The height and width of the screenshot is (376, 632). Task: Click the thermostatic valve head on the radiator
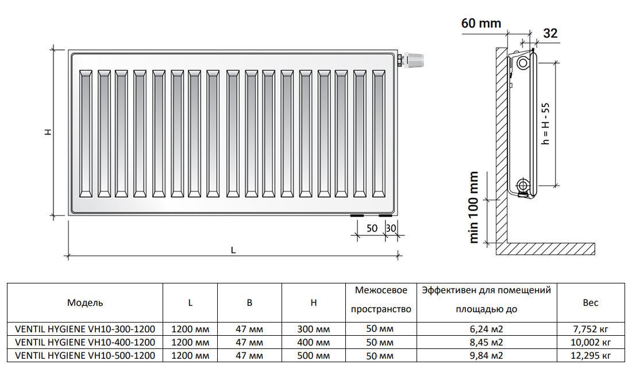(x=415, y=60)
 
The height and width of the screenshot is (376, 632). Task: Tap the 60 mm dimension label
(x=481, y=24)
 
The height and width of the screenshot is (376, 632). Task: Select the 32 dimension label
(x=550, y=33)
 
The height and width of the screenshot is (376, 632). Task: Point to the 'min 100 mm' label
(x=474, y=208)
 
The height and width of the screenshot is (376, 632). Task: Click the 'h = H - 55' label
(x=545, y=124)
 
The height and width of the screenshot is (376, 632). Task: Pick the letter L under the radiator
(x=233, y=250)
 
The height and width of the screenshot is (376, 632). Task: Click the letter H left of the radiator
(x=48, y=132)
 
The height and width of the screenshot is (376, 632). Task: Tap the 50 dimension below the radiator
(x=372, y=228)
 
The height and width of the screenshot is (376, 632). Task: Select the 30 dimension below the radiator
(x=391, y=228)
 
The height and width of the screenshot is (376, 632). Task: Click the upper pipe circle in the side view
(x=523, y=63)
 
